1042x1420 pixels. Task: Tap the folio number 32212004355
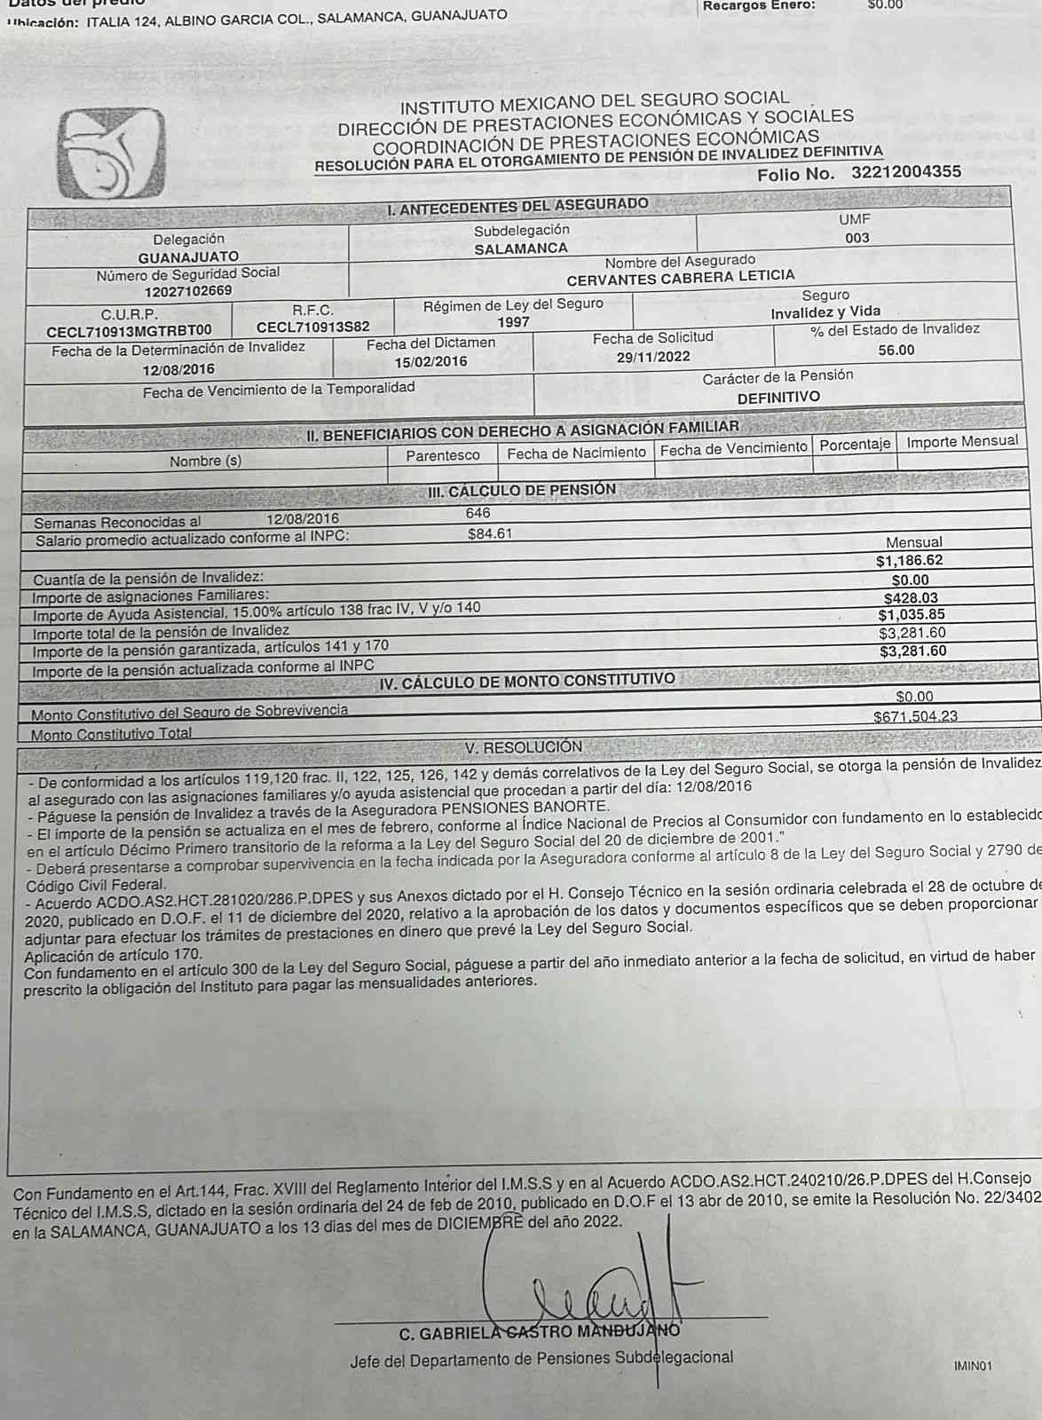tap(905, 172)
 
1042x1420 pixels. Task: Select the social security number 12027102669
tap(188, 290)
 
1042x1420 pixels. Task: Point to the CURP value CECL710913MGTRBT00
tap(130, 331)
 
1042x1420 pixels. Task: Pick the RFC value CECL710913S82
tap(313, 327)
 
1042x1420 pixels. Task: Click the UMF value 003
tap(856, 238)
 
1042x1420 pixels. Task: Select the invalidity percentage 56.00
tap(896, 350)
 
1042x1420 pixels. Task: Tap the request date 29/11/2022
tap(653, 357)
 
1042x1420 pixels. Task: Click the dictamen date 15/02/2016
tap(430, 361)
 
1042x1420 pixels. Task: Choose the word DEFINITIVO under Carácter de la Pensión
tap(778, 397)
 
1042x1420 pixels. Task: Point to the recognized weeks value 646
tap(478, 513)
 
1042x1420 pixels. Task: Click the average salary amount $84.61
tap(490, 534)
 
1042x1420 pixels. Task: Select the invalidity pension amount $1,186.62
tap(909, 561)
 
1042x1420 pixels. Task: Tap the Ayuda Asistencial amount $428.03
tap(911, 598)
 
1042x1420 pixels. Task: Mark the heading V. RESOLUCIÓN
tap(524, 747)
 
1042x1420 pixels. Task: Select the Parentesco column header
tap(443, 455)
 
